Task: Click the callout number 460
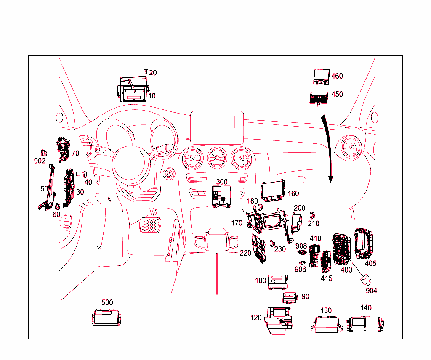[337, 76]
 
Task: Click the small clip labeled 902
[43, 152]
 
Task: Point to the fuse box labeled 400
[342, 249]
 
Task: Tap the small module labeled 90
[290, 297]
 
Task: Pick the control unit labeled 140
[365, 324]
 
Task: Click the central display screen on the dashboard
[218, 126]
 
